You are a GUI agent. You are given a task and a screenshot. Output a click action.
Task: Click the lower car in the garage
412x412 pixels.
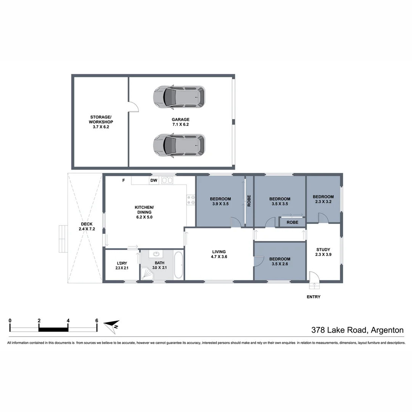(x=179, y=145)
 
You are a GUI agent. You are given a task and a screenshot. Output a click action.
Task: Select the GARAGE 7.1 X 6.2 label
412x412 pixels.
(x=180, y=122)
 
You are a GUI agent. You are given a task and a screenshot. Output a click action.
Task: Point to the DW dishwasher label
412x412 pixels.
(x=154, y=180)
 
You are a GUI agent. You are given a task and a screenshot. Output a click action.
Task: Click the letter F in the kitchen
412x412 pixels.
(x=123, y=180)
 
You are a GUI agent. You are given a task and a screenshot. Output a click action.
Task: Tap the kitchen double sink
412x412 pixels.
(x=167, y=180)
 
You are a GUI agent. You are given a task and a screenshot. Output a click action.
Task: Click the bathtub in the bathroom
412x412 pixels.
(x=178, y=265)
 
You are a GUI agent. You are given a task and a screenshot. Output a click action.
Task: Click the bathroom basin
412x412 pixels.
(x=156, y=254)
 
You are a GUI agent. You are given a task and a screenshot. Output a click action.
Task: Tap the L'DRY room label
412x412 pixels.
(x=122, y=266)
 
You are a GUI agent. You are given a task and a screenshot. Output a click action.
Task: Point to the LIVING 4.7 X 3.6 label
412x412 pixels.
(x=219, y=254)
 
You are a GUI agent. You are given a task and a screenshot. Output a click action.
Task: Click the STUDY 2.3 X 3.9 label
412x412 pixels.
(x=323, y=252)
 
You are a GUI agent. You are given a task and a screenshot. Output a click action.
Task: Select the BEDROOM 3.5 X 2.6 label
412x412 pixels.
(x=280, y=261)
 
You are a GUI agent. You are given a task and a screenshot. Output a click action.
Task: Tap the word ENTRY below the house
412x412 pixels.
(x=313, y=297)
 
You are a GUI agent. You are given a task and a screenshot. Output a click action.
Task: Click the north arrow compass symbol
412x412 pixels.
(x=112, y=325)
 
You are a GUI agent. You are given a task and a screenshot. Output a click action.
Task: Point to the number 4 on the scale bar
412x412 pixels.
(x=68, y=321)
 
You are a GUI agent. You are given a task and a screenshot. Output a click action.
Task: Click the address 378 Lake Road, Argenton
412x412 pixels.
(x=357, y=330)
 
